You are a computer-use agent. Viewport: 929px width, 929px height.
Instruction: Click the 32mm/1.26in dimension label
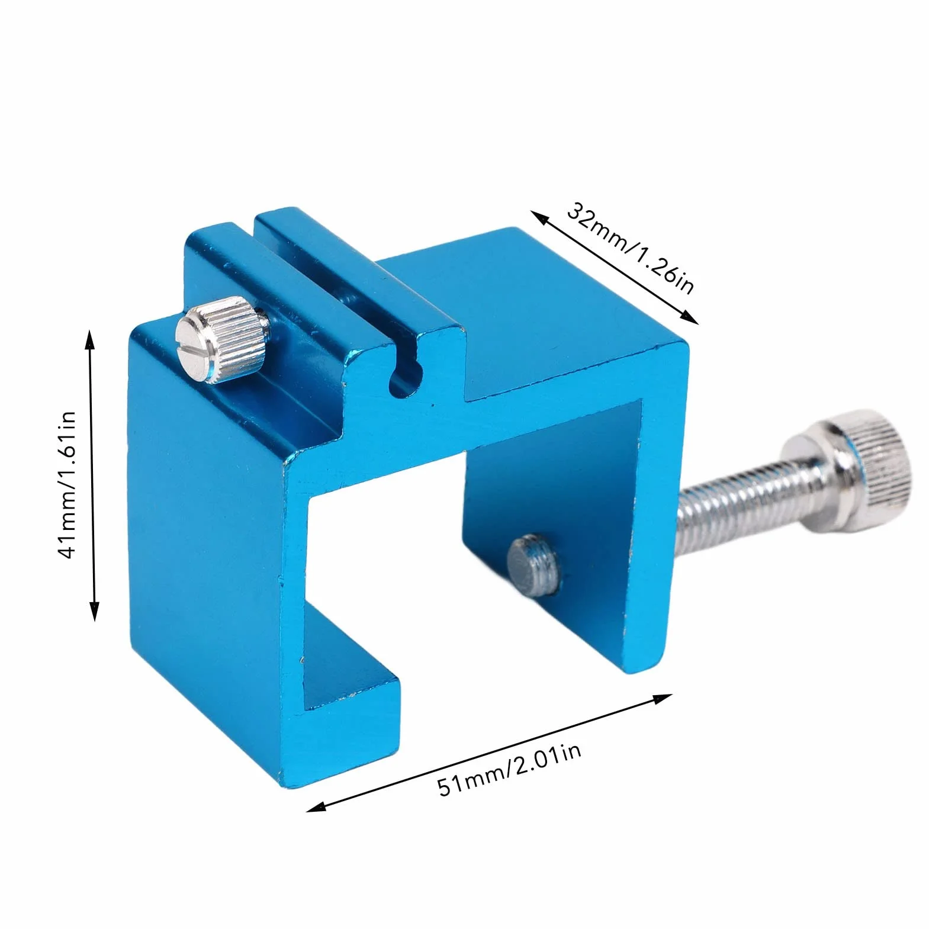630,248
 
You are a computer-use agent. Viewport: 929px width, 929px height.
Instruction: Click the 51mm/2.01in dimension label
510,769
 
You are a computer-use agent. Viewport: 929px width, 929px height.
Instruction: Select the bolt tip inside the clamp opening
533,563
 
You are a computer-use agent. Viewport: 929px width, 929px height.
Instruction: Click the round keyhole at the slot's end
405,381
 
